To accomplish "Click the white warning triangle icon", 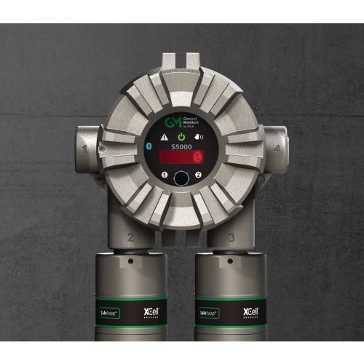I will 165,137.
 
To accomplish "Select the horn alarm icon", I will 197,137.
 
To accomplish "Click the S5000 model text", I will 181,146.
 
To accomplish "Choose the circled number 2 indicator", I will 198,175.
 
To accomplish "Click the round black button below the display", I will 181,177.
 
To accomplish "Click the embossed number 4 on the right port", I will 277,150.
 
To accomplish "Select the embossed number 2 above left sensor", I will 130,237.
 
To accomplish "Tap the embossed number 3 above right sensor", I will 231,237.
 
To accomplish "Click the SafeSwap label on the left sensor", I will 110,312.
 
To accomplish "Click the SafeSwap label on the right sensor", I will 212,312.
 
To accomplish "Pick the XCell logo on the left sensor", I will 149,312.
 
